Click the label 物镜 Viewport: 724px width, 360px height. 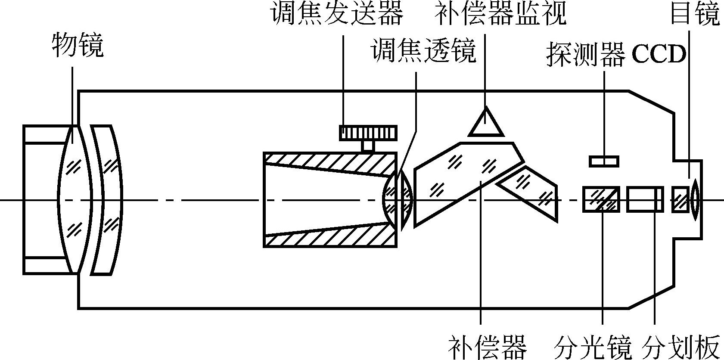[x=78, y=45]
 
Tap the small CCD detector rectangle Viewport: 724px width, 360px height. [x=604, y=161]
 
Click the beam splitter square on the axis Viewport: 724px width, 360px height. [x=601, y=199]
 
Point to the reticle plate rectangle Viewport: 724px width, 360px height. [x=645, y=199]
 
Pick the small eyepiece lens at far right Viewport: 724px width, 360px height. [x=694, y=200]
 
